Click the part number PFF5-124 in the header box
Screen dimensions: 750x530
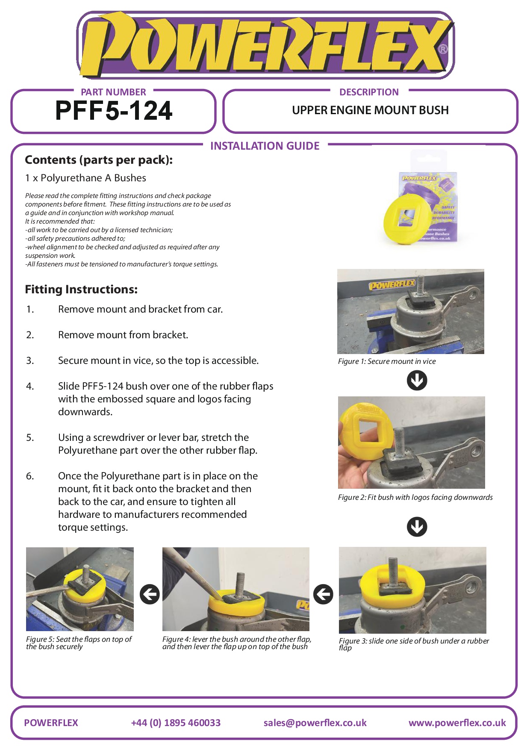(x=114, y=111)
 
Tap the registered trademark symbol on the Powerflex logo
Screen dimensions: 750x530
(x=443, y=49)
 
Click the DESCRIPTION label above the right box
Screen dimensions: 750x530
(x=369, y=92)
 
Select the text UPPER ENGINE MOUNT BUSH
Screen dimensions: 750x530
(x=370, y=110)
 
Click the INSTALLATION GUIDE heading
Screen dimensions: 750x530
(x=265, y=146)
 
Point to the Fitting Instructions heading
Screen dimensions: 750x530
(x=81, y=289)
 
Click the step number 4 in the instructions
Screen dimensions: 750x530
(x=30, y=387)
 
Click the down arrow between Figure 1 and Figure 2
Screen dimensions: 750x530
(x=417, y=380)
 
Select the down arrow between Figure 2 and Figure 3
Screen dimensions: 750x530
(x=417, y=526)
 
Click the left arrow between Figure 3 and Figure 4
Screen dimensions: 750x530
(x=323, y=594)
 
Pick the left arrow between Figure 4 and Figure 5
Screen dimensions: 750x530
(x=150, y=594)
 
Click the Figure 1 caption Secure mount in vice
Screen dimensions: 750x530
(x=387, y=361)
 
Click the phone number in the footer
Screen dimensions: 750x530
(x=176, y=723)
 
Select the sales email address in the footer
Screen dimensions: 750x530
(x=315, y=723)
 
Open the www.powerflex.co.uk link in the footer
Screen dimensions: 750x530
(x=457, y=723)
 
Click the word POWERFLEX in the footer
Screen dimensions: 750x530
(x=51, y=723)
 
